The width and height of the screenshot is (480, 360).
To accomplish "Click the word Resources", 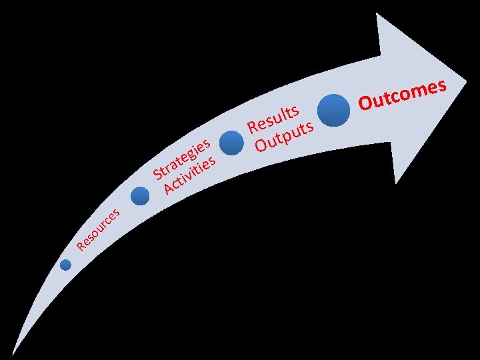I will click(98, 230).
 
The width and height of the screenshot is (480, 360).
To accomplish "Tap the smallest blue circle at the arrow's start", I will click(65, 265).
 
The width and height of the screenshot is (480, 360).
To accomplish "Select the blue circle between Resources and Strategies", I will click(140, 196).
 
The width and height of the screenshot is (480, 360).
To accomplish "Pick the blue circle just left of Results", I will click(231, 143).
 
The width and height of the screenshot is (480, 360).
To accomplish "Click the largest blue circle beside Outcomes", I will click(333, 109).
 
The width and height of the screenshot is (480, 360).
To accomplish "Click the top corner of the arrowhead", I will click(379, 14).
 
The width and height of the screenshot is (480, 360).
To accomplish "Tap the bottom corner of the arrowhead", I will click(396, 183).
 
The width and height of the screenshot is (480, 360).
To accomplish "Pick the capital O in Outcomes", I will click(366, 103).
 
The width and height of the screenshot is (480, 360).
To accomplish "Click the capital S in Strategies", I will click(159, 175).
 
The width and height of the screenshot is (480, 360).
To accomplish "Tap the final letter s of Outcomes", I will click(440, 85).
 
